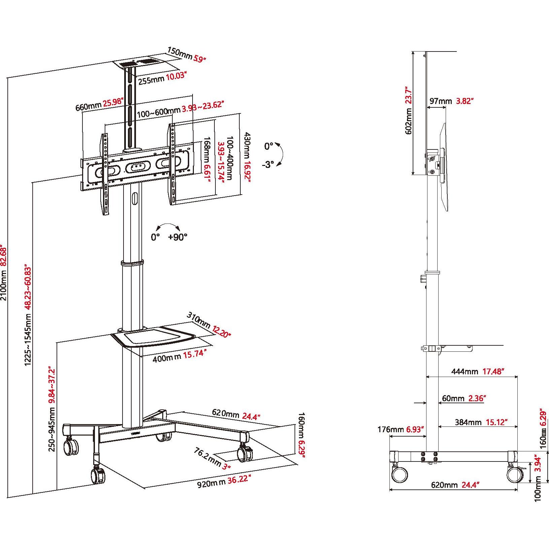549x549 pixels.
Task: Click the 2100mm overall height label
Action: (4, 286)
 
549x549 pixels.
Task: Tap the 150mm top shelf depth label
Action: (186, 56)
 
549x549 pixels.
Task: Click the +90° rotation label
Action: (177, 237)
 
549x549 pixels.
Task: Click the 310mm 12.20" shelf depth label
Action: (208, 325)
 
